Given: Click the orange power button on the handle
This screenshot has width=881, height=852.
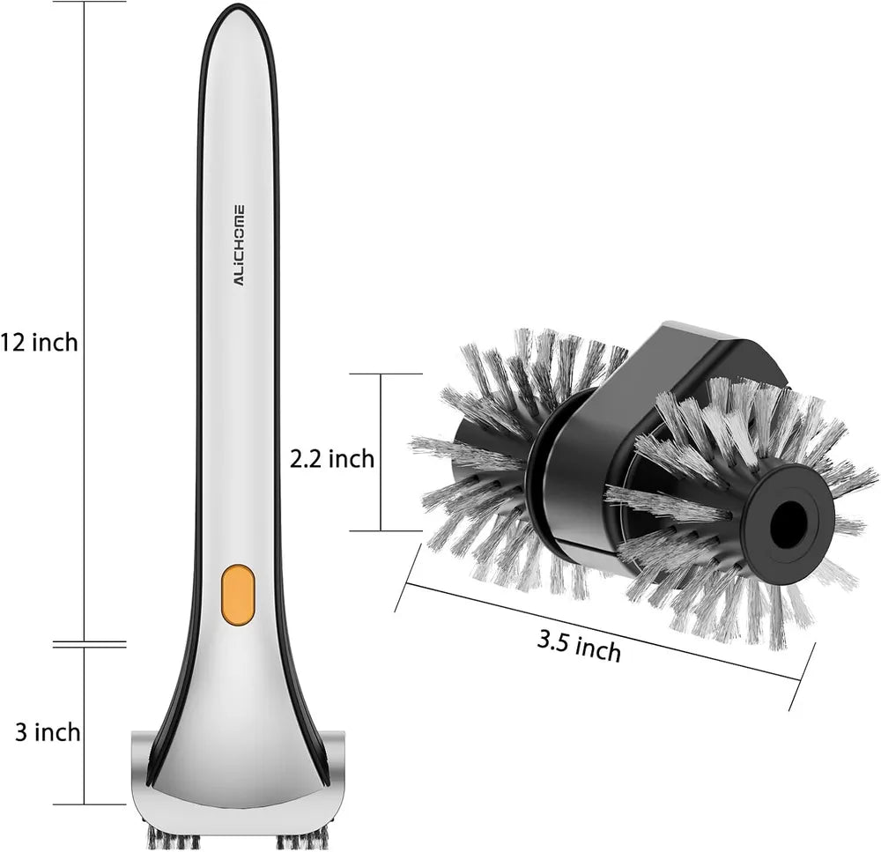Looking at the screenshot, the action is point(238,595).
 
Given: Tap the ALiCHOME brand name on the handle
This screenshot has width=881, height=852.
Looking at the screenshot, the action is point(240,246).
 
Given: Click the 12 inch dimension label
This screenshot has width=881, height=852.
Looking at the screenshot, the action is point(39,342).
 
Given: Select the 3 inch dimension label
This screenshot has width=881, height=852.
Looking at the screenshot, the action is point(48,732).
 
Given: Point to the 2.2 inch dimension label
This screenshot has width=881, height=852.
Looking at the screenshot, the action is point(332,459).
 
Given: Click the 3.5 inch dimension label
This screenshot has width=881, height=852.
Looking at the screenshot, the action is point(580,647).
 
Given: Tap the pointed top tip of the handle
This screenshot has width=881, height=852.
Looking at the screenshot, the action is point(236,4).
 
